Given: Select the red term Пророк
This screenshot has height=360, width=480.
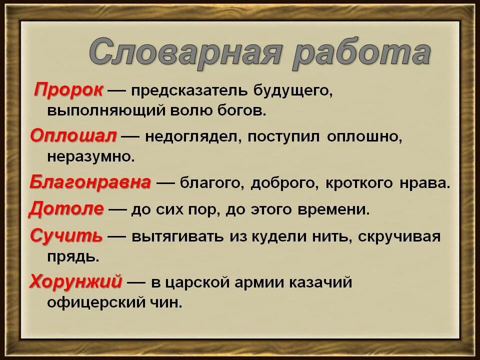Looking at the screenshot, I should [x=69, y=90].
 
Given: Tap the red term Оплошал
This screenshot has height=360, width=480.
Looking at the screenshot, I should [x=73, y=135].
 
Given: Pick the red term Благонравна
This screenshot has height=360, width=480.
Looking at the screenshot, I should [x=90, y=182].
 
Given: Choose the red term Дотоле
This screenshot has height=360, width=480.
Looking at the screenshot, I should [x=66, y=208].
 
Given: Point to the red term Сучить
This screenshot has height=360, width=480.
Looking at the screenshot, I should [x=66, y=235].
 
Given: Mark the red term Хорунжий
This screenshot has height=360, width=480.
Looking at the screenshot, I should [x=75, y=282].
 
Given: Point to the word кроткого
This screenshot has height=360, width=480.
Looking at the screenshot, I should [x=357, y=183].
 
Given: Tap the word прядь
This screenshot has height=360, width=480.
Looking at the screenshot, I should [x=71, y=257].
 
